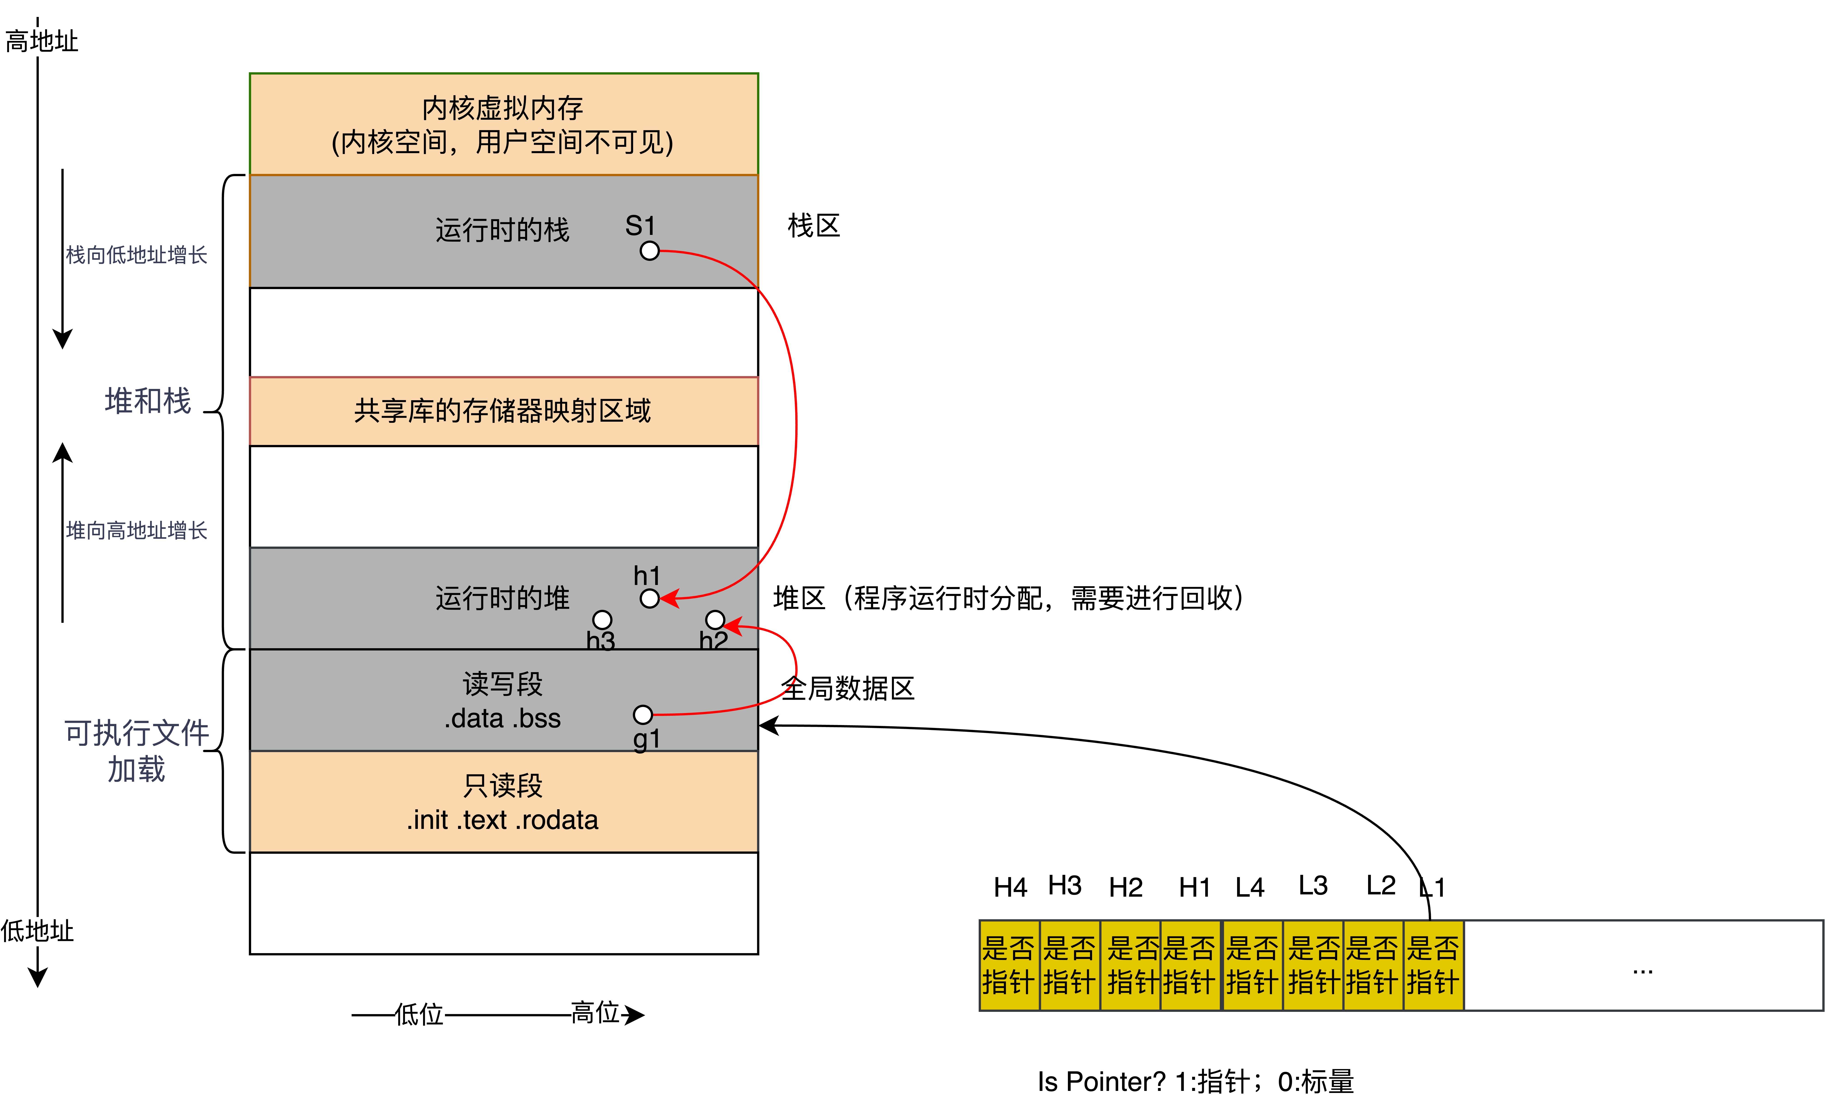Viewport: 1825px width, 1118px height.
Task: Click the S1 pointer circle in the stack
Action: [650, 251]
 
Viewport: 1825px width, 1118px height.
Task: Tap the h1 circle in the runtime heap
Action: [650, 598]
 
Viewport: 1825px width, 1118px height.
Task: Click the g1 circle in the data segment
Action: [643, 714]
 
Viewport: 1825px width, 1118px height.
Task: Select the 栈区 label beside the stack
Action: [813, 226]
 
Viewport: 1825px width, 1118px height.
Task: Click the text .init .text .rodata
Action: [503, 820]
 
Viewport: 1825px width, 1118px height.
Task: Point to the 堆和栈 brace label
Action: [148, 400]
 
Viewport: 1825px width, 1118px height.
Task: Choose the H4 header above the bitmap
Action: [1010, 887]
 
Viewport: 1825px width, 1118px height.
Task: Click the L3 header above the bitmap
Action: [1313, 886]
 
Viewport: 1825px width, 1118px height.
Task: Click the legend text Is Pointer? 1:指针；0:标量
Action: [1196, 1082]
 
